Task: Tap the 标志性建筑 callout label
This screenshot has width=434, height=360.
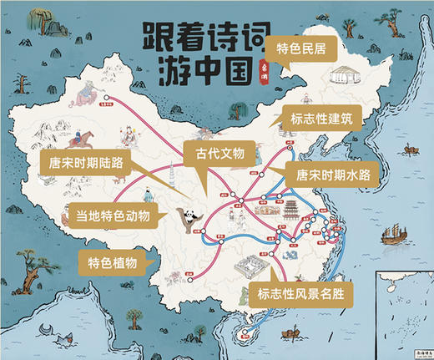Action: click(321, 118)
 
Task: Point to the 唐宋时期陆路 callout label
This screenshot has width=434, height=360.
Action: click(80, 161)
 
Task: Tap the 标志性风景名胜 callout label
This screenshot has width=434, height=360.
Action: click(300, 293)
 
